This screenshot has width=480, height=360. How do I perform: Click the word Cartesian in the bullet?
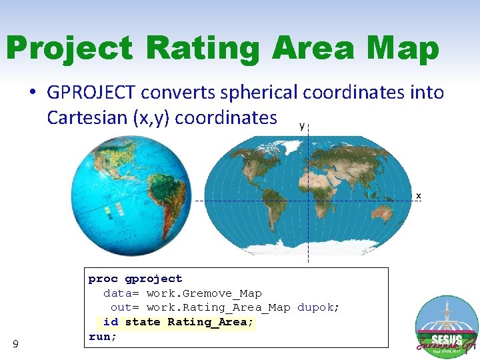[x=87, y=118]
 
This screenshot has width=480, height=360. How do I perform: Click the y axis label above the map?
[x=302, y=125]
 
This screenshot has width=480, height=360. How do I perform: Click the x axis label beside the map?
[x=419, y=195]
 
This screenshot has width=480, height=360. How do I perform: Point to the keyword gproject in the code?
[x=153, y=279]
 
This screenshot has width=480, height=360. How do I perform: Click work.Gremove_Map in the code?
[x=204, y=293]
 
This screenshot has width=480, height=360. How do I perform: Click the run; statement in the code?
[x=103, y=337]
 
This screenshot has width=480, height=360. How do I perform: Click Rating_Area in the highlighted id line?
[x=208, y=322]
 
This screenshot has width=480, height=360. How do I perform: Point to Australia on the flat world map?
[x=383, y=214]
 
